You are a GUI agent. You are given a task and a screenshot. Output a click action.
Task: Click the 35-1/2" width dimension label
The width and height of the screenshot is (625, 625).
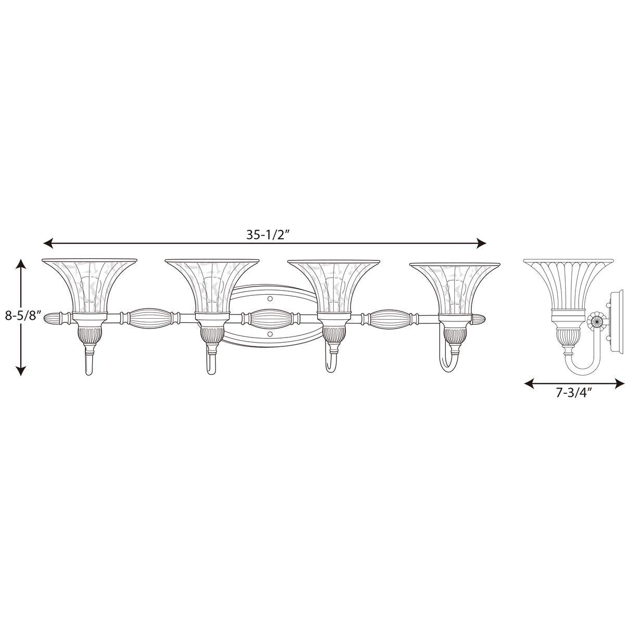click(x=268, y=234)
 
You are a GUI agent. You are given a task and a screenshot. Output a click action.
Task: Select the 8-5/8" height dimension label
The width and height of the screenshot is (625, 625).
click(x=20, y=317)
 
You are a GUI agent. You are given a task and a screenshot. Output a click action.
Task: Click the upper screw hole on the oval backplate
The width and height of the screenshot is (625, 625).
click(x=270, y=299)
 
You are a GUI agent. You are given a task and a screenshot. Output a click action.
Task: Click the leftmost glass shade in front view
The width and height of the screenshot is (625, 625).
click(x=89, y=284)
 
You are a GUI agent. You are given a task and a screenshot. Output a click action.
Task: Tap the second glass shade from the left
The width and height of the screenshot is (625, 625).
click(x=211, y=284)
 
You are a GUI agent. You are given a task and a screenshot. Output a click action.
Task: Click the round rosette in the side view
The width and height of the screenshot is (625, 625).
click(x=595, y=320)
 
